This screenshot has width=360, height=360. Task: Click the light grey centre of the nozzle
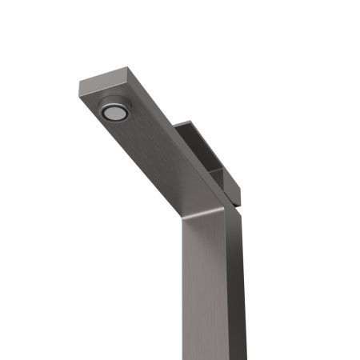click(x=115, y=113)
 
